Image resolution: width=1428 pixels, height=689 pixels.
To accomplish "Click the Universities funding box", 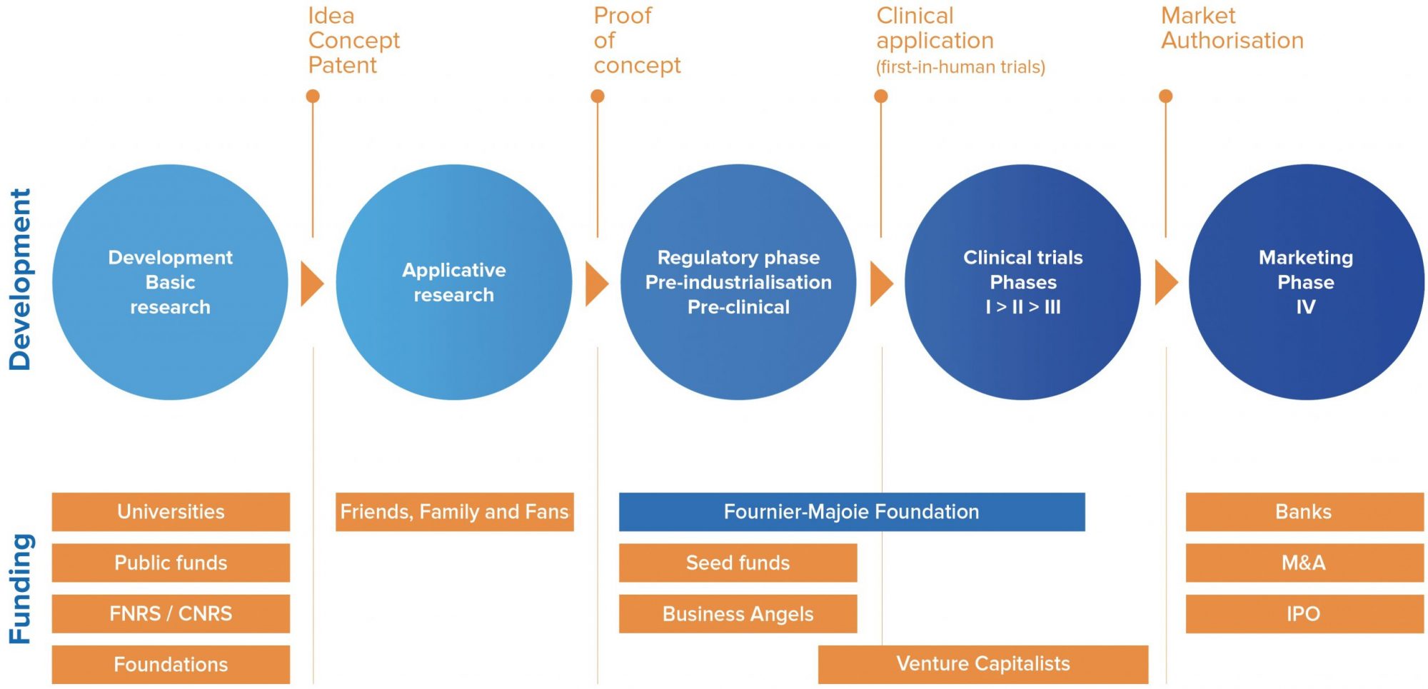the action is tap(171, 512).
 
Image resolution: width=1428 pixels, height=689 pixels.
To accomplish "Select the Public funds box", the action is tap(171, 563).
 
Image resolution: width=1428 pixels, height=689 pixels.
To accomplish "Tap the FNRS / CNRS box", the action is tap(171, 614).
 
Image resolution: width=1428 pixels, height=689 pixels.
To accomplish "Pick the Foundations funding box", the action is tap(171, 665).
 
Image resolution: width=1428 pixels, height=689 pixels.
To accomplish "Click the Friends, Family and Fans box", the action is tap(455, 512).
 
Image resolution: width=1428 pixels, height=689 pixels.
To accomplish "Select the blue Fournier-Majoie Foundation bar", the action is tap(852, 512).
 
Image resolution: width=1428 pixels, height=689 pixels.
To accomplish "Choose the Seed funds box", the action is tap(738, 563).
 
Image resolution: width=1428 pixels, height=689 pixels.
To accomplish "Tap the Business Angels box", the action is tap(738, 614).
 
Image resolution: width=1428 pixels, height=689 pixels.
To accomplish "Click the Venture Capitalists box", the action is tap(983, 665).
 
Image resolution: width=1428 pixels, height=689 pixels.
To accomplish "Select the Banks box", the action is tap(1304, 512).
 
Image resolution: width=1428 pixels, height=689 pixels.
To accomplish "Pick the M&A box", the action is tap(1304, 563).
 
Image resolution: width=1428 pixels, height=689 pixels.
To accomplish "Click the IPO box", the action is tap(1304, 614).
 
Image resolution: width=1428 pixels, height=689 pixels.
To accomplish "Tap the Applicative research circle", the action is tap(454, 282).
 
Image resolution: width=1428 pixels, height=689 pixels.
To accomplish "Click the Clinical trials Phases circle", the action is tap(1022, 282).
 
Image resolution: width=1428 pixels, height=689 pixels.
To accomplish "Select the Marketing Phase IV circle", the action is tap(1306, 282).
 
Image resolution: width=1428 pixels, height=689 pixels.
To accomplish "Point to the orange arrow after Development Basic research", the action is tap(311, 283).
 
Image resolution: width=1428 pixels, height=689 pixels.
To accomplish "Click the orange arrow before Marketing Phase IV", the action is tap(1165, 283).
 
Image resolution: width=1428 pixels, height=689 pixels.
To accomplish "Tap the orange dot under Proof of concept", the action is tap(598, 96).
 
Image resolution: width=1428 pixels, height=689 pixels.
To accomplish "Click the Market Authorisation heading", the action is tap(1232, 28).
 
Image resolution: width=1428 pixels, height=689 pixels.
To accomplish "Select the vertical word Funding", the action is tap(20, 589).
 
